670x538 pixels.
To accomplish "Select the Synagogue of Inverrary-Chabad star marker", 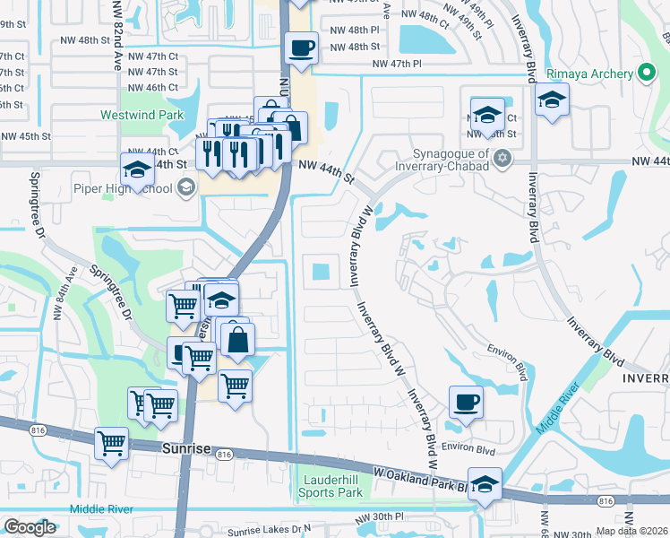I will (502, 159).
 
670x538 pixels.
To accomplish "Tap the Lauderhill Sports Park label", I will (332, 486).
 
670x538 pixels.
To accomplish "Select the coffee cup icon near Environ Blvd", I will (465, 402).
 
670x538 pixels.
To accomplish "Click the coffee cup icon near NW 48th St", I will (301, 47).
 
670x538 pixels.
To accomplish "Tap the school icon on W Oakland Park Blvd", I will (485, 485).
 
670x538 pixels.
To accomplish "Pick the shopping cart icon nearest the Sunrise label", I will (112, 442).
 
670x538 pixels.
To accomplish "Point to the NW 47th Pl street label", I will (399, 64).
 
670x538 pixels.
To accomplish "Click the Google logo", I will (30, 527).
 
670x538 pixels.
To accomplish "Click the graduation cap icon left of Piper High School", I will (137, 169).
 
